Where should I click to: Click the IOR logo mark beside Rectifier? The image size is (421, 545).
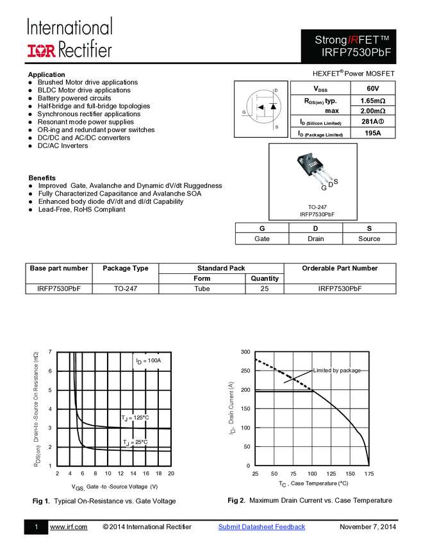pos(42,49)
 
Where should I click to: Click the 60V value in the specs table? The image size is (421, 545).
pos(373,88)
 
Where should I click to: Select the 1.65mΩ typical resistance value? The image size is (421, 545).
pos(373,101)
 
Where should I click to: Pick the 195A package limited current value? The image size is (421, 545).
pos(373,133)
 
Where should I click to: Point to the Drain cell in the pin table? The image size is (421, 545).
pos(315,239)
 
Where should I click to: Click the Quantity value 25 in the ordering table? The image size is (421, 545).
pos(265,289)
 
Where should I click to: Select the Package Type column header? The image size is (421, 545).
pos(126,268)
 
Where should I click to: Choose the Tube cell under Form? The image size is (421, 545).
pos(202,289)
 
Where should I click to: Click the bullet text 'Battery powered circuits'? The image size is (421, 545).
pos(74,98)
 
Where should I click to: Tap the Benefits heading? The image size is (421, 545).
pos(42,178)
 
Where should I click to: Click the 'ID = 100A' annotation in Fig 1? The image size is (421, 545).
pos(148,361)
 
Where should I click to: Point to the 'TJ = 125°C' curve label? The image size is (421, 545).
pos(135,418)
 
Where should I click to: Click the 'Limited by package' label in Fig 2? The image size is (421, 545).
pos(336,371)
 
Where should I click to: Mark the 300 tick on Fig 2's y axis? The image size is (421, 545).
pos(245,353)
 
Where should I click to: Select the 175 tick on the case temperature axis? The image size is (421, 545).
pos(368,473)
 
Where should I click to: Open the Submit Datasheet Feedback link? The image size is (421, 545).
pos(261,527)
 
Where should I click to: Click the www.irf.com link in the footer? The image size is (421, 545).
pos(69,527)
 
